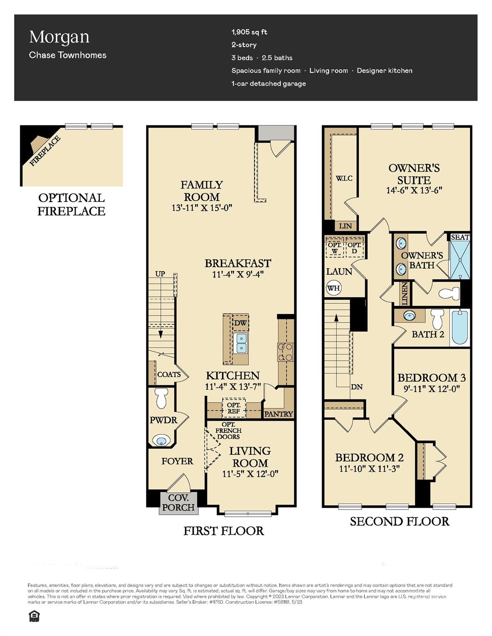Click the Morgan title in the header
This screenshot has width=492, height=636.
click(59, 37)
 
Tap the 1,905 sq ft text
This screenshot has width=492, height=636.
click(249, 32)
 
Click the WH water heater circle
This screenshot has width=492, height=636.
click(334, 288)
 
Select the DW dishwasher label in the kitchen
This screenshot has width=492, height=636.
click(240, 323)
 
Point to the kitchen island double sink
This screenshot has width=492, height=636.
click(241, 343)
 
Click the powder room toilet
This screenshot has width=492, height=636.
click(160, 397)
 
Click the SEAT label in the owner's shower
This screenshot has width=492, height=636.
click(460, 237)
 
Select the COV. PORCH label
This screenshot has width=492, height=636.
click(178, 502)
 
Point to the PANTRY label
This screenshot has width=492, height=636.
click(279, 414)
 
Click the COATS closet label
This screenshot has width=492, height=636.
click(169, 374)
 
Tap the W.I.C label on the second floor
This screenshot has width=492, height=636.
click(344, 178)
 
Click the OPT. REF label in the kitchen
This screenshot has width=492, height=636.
click(234, 408)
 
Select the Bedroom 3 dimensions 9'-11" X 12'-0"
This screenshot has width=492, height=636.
click(431, 389)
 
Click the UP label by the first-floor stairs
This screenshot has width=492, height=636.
click(160, 274)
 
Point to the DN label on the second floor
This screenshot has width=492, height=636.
click(356, 387)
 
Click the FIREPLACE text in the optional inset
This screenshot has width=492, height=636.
click(45, 151)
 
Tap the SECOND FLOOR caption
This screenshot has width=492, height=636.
click(400, 521)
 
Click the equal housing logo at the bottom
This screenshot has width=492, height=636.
click(34, 617)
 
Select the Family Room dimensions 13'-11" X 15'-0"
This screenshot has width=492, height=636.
click(202, 207)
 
